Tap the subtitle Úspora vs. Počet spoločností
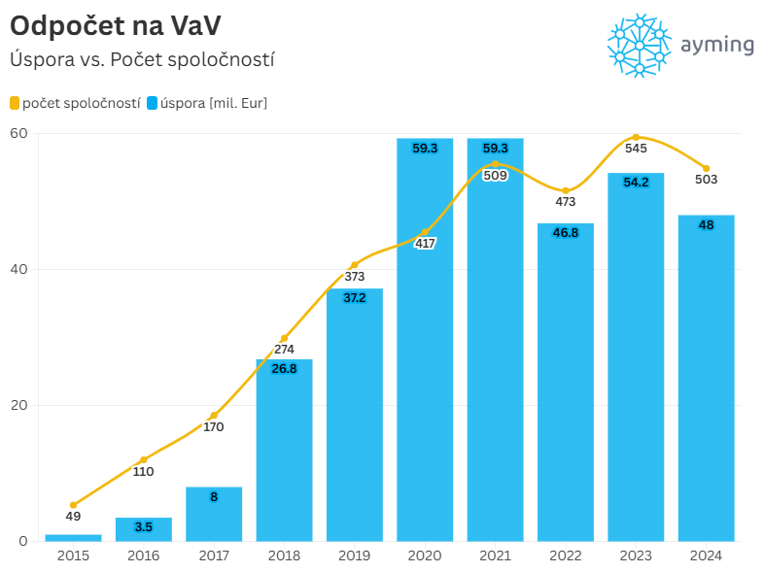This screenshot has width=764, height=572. click(142, 59)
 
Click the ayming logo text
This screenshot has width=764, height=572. click(717, 46)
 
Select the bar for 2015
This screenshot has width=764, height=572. click(73, 537)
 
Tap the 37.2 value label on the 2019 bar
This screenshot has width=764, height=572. click(355, 298)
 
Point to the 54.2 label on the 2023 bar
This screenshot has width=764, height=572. click(636, 183)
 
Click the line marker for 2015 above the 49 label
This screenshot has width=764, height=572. click(73, 505)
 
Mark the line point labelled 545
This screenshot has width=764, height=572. click(636, 137)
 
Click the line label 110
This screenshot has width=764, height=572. click(143, 472)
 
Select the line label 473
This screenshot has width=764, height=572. click(566, 202)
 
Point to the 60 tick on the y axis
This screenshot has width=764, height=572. click(17, 133)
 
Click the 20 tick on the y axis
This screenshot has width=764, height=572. click(17, 405)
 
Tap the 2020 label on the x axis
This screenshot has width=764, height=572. click(425, 555)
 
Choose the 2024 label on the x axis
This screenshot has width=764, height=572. click(706, 555)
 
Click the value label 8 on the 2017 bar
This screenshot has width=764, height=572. click(214, 496)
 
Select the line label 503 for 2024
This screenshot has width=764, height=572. click(706, 180)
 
